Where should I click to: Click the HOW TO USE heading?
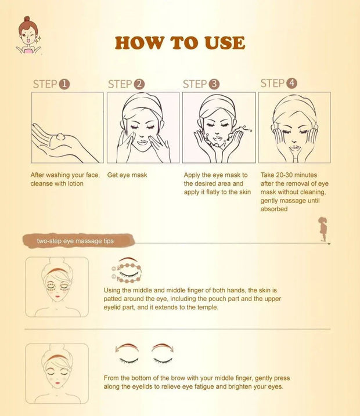(x=179, y=43)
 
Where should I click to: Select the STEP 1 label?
(x=51, y=84)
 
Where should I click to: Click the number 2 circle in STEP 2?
(x=139, y=84)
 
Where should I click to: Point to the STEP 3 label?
(x=201, y=84)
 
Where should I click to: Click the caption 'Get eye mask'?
(x=127, y=175)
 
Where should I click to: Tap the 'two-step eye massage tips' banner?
(x=75, y=240)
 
